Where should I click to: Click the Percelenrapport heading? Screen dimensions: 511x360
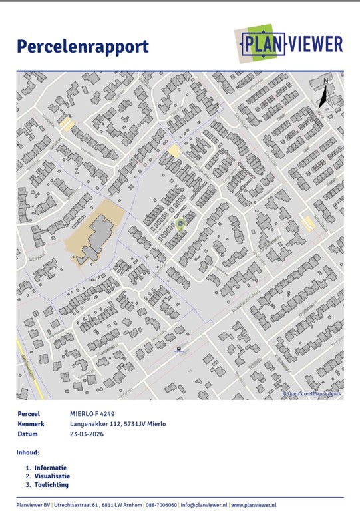83,47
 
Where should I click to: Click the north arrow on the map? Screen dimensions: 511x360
323,93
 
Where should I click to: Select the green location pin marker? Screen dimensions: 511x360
180,225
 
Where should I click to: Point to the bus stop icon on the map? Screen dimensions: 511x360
178,348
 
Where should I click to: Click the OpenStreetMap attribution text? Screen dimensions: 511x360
311,393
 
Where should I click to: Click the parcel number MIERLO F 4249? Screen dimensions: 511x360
96,414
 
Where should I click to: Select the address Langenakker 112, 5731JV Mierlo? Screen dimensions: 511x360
118,424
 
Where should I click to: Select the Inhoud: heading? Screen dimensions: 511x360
28,452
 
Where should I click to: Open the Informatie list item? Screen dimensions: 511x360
51,468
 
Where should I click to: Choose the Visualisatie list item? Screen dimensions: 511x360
52,476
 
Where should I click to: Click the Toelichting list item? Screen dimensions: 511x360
51,484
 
